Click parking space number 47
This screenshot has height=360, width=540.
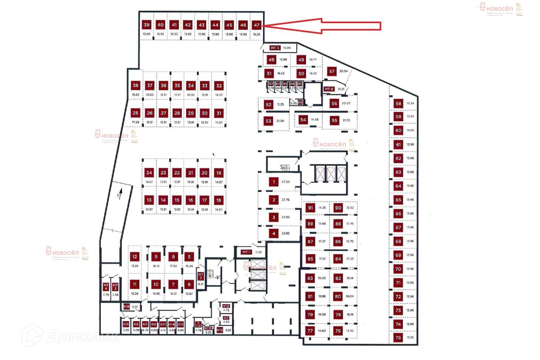(256, 25)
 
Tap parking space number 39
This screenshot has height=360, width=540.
(147, 25)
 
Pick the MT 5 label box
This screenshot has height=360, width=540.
(275, 48)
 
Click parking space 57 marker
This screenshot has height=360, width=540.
(332, 71)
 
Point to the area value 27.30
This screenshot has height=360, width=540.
(285, 182)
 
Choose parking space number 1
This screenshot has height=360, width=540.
(274, 182)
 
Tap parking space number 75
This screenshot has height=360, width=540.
(398, 338)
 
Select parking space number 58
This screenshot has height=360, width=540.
(398, 103)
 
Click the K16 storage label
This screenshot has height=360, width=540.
(126, 307)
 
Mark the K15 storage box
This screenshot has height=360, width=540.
(126, 324)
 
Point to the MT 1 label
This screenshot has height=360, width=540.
(246, 252)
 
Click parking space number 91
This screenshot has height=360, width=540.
(310, 208)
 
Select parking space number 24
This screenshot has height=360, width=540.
(149, 173)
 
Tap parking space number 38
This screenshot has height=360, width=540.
(135, 86)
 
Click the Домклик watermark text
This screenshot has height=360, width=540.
(83, 337)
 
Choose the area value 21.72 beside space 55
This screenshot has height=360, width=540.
(346, 120)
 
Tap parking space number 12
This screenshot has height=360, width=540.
(135, 257)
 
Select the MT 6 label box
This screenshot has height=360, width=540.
(329, 89)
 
